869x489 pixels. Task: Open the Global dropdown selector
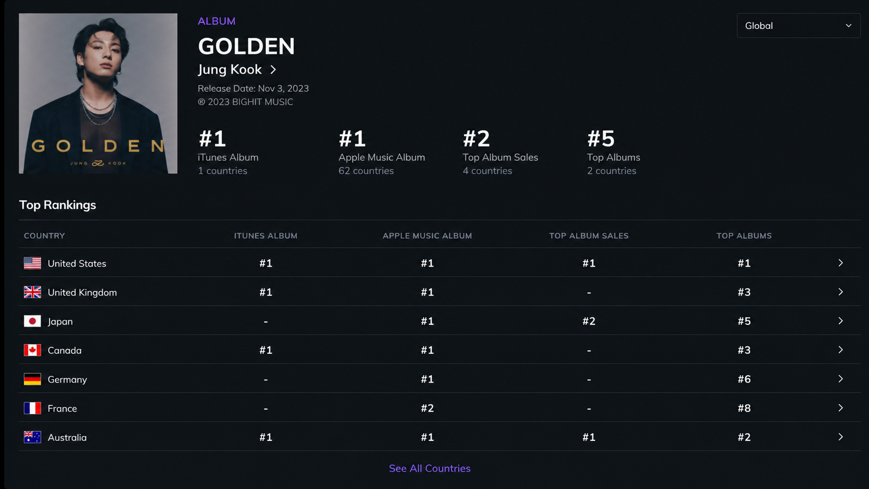[798, 25]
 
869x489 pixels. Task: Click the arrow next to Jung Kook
[273, 70]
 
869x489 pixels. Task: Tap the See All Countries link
[429, 469]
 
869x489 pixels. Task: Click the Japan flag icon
[32, 321]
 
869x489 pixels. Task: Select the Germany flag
[32, 379]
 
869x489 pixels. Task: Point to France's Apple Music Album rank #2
[427, 408]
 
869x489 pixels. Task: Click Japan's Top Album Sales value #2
[588, 321]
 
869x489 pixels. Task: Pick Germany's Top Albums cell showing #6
[744, 379]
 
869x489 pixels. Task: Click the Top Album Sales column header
[588, 235]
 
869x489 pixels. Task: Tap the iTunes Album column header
[265, 235]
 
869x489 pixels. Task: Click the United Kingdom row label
[82, 292]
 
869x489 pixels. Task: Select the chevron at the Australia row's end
[840, 437]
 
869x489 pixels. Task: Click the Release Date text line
[253, 88]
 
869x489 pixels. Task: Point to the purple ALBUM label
[217, 21]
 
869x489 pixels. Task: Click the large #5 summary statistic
[600, 139]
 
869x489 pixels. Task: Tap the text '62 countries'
[366, 171]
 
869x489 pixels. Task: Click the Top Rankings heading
[57, 204]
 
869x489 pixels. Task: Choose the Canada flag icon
[32, 350]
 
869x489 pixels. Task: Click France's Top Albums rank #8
[744, 408]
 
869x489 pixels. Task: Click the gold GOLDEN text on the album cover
[98, 147]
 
